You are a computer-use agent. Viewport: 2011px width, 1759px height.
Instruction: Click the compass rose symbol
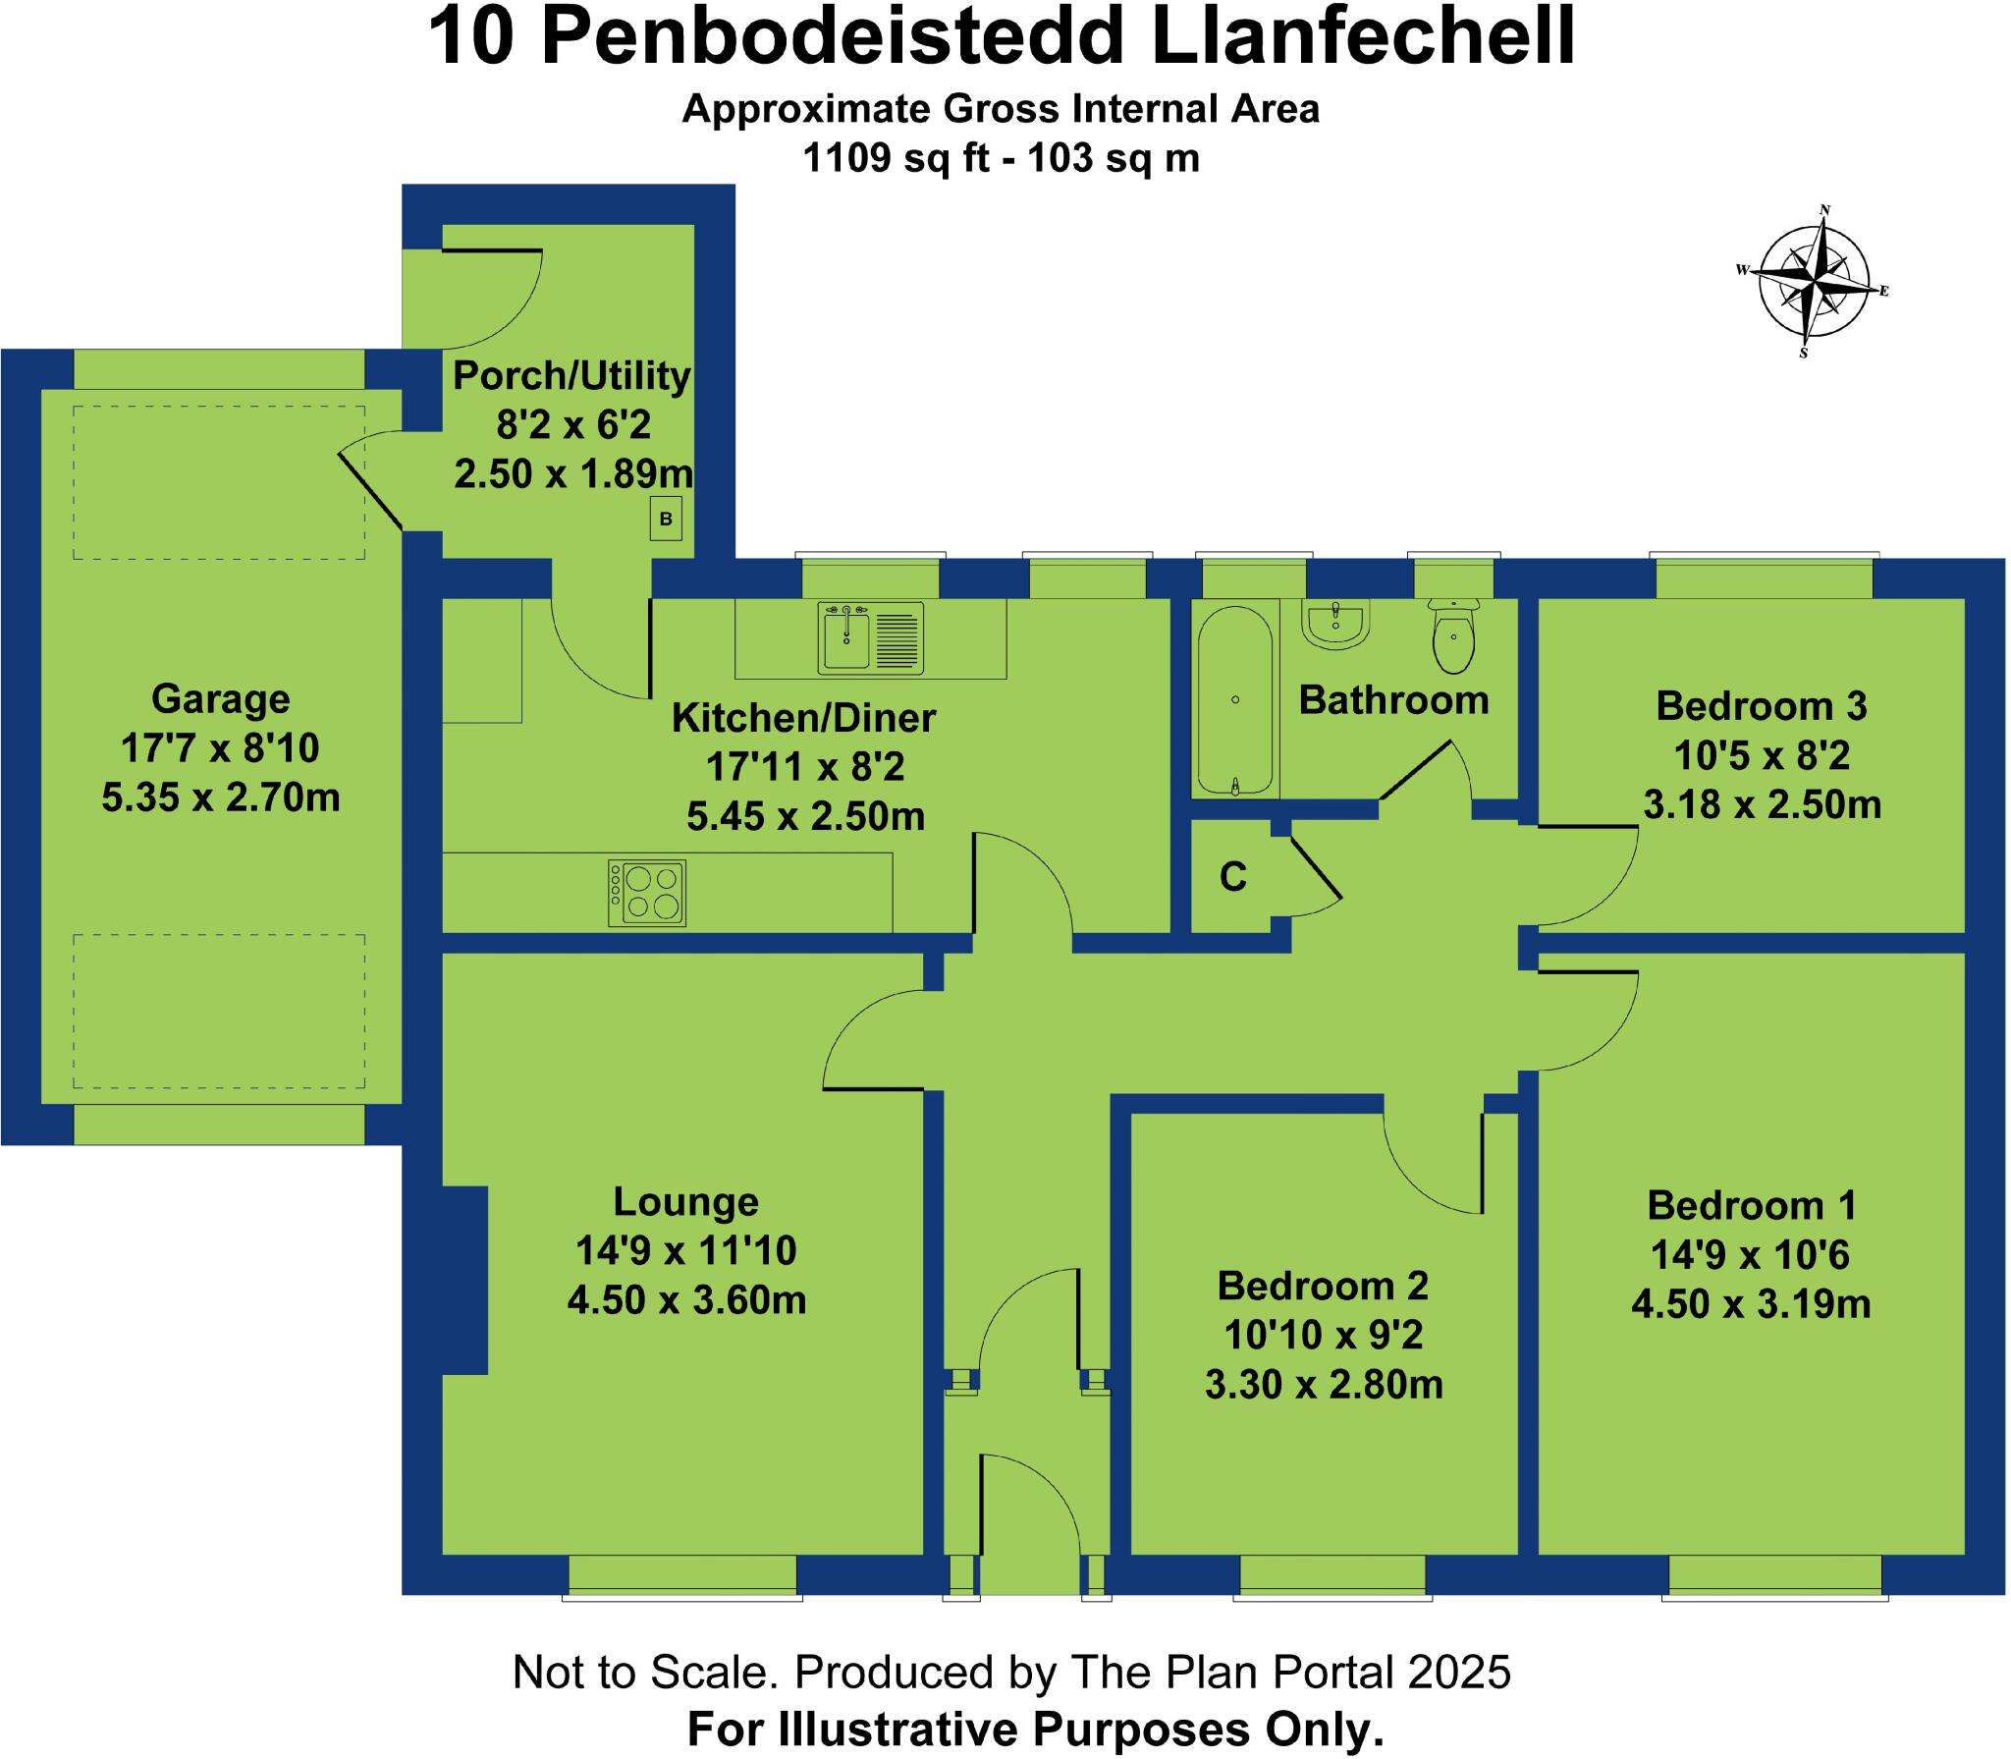click(x=1815, y=282)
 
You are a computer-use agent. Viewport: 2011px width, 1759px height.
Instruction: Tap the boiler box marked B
click(x=666, y=519)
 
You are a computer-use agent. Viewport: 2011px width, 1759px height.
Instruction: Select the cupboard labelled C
click(x=1233, y=876)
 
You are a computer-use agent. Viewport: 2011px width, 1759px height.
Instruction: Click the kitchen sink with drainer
click(x=870, y=638)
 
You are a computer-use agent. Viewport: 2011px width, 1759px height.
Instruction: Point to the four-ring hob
click(x=646, y=893)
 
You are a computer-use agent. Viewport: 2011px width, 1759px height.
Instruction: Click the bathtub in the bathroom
click(x=1235, y=699)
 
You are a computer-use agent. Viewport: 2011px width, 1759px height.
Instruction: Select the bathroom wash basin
click(x=1335, y=625)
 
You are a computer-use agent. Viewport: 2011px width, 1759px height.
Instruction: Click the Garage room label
click(x=221, y=699)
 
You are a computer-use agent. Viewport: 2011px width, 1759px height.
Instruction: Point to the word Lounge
click(x=685, y=1202)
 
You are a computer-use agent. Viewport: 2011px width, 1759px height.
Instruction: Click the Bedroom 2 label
click(x=1323, y=1286)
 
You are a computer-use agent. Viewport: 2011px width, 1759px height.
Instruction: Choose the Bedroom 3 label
click(x=1761, y=706)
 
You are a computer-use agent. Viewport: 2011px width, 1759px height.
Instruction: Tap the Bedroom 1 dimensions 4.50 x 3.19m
click(x=1751, y=1304)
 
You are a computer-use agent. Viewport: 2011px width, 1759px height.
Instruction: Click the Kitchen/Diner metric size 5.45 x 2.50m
click(x=805, y=816)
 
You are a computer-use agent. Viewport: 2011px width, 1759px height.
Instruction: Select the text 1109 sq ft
click(x=896, y=158)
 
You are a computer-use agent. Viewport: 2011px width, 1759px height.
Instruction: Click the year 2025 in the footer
click(x=1459, y=1672)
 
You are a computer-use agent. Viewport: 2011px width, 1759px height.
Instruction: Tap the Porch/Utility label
click(x=571, y=376)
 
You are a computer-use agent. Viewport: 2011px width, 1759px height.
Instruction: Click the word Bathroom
click(x=1393, y=700)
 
